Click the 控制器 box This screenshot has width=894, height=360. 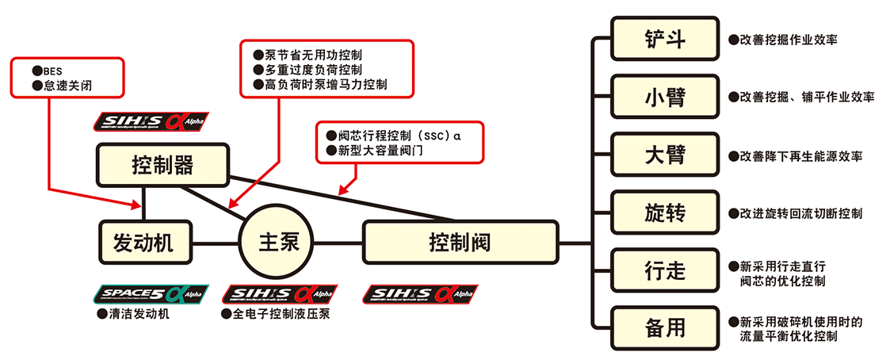162,165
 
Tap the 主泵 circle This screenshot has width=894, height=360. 277,243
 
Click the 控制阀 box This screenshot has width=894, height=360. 460,243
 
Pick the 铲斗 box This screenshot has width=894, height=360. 665,39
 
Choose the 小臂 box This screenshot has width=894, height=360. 665,97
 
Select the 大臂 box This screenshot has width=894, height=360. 665,155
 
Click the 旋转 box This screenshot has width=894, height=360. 665,213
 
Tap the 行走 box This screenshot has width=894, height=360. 665,270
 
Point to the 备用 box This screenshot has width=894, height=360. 665,328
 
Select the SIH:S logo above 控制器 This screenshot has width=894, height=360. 151,121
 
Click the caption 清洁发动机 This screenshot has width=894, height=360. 136,313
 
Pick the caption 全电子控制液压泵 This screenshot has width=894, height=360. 280,313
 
